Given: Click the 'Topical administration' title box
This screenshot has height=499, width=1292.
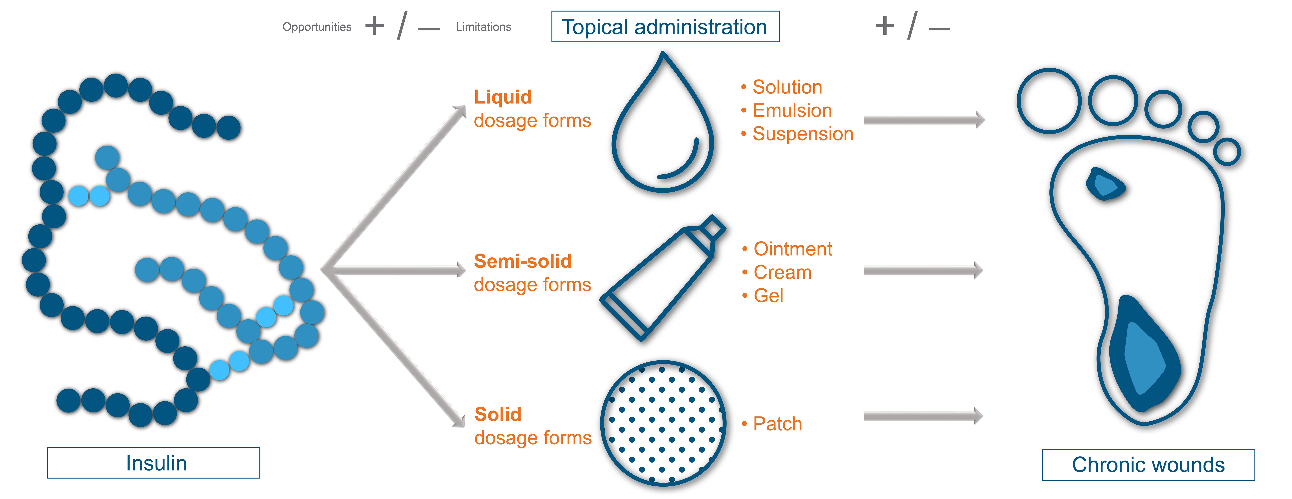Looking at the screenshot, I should pyautogui.click(x=665, y=27).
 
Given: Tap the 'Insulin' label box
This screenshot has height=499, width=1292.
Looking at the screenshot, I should pyautogui.click(x=153, y=463).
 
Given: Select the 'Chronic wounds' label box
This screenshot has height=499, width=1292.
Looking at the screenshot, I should pyautogui.click(x=1148, y=465).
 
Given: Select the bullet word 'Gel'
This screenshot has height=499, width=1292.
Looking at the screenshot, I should pyautogui.click(x=768, y=296).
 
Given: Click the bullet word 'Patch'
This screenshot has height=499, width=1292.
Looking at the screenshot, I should pyautogui.click(x=777, y=424).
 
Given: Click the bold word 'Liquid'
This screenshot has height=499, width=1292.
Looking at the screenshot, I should pyautogui.click(x=502, y=97).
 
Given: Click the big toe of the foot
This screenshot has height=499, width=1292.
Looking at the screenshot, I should pyautogui.click(x=1049, y=101).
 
